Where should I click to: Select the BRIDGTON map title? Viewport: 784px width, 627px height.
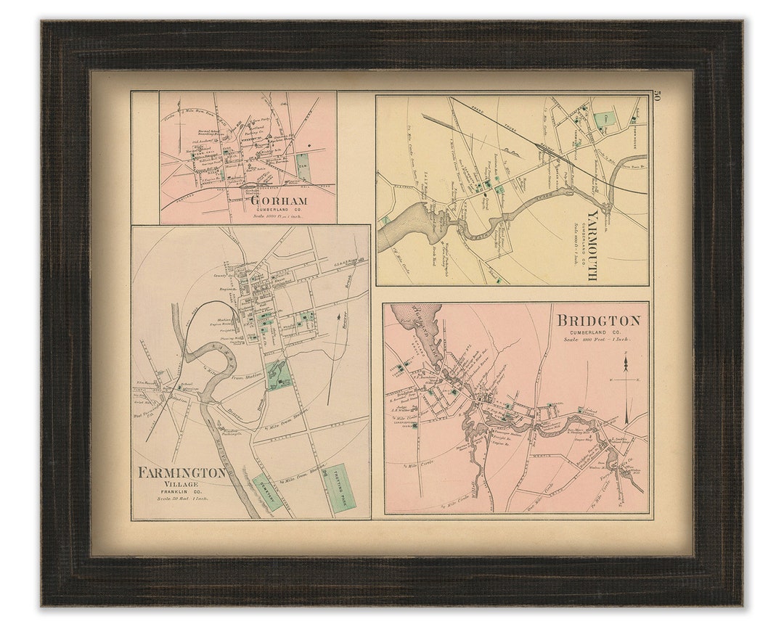coord(598,321)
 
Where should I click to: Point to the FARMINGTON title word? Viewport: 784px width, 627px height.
coord(181,473)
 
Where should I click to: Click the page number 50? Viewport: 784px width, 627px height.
coord(656,96)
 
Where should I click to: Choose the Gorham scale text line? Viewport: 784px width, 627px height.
coord(279,216)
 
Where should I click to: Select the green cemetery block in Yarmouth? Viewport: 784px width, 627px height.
coord(603,120)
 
